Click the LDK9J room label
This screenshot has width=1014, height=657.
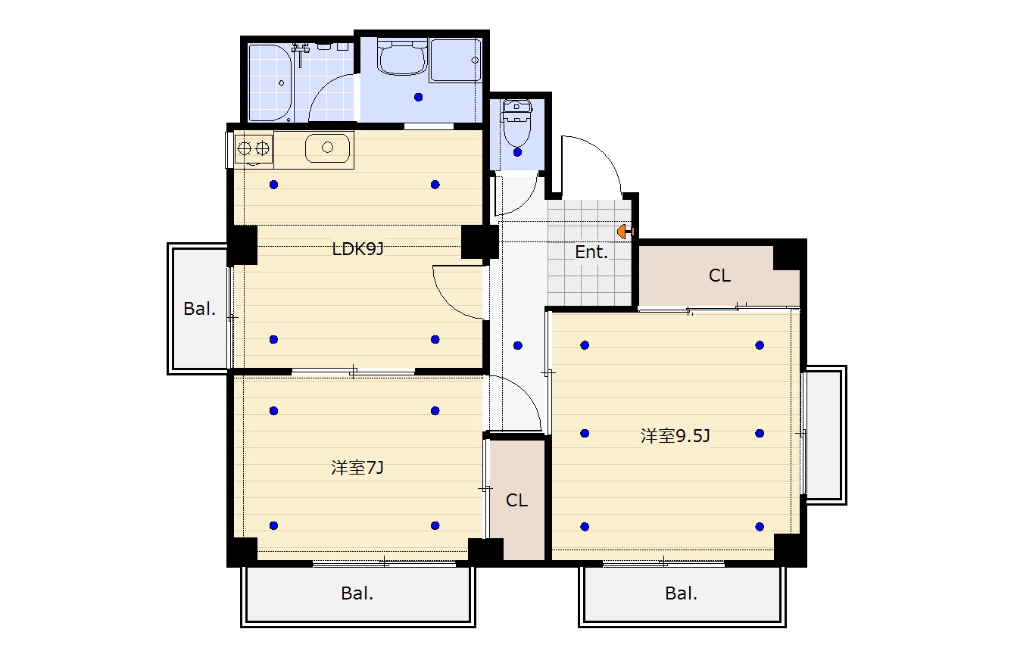pyautogui.click(x=357, y=249)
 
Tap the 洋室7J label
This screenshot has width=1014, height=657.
pyautogui.click(x=357, y=468)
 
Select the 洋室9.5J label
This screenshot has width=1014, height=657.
pyautogui.click(x=675, y=436)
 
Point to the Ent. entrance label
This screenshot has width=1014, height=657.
pyautogui.click(x=591, y=252)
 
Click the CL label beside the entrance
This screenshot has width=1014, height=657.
pyautogui.click(x=719, y=275)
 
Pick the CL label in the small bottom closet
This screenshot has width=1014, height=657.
pyautogui.click(x=516, y=500)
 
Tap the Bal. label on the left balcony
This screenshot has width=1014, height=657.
pyautogui.click(x=200, y=309)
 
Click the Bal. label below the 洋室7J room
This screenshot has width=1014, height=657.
pyautogui.click(x=357, y=593)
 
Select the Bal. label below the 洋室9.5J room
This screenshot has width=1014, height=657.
pyautogui.click(x=682, y=593)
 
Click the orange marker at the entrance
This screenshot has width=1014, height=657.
pyautogui.click(x=626, y=232)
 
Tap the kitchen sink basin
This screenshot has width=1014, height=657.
pyautogui.click(x=327, y=148)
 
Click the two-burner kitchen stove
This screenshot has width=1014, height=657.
pyautogui.click(x=254, y=148)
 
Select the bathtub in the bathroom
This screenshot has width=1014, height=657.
pyautogui.click(x=270, y=83)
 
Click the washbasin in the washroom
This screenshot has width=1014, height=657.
pyautogui.click(x=402, y=57)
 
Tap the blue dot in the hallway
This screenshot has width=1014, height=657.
pyautogui.click(x=518, y=346)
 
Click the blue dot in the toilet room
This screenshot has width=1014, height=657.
pyautogui.click(x=517, y=152)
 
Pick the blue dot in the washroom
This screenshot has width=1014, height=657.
pyautogui.click(x=418, y=98)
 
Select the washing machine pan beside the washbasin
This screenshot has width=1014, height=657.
pyautogui.click(x=455, y=61)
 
